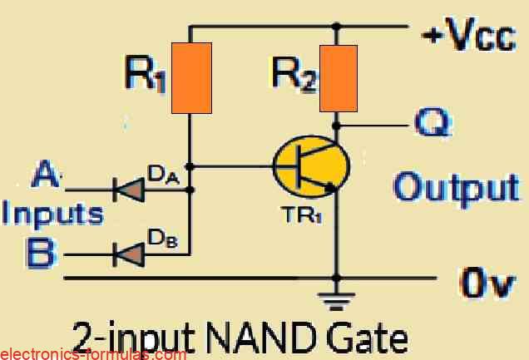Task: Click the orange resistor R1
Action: [x=191, y=78]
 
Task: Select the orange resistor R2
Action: [x=338, y=78]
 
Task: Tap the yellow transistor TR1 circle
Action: [x=308, y=168]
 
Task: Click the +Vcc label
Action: [x=469, y=38]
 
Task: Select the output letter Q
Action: [x=433, y=126]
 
